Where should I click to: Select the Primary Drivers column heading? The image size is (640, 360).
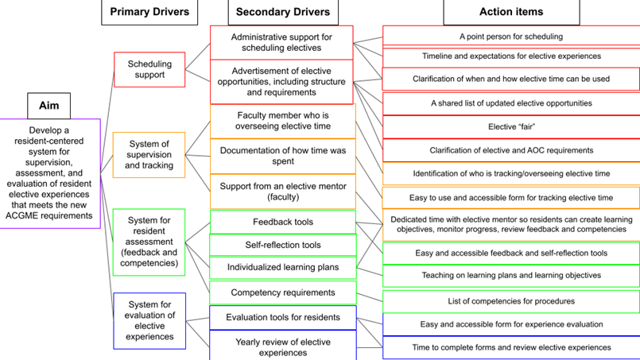point(149,12)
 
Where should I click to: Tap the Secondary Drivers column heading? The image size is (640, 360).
point(283,12)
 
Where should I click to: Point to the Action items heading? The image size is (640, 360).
point(511,12)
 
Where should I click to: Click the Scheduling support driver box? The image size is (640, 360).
point(149,69)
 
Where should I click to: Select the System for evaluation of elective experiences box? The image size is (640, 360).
point(149,320)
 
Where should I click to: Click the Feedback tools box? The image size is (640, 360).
point(282,222)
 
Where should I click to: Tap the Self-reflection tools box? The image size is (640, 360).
point(282,245)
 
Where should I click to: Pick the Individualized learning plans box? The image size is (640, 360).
point(282,268)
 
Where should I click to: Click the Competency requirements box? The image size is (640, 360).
point(282,292)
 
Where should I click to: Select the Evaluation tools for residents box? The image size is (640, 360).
point(282,317)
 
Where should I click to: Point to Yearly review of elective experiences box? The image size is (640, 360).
point(282,346)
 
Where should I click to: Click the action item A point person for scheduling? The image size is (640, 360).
point(510,36)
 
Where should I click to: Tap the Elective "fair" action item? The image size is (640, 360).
point(510,126)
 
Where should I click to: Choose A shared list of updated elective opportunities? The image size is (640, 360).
point(510,103)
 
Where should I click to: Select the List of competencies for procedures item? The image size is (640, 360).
point(510,301)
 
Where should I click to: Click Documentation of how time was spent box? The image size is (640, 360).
point(282,156)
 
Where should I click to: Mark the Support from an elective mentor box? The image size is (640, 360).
point(282,191)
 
